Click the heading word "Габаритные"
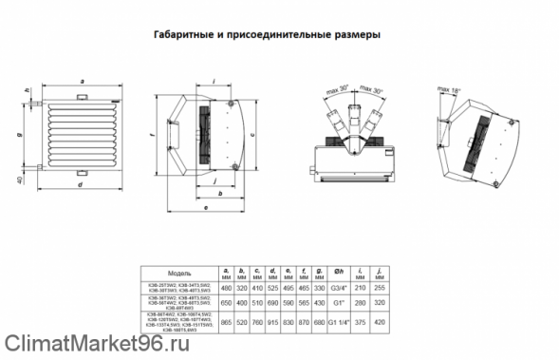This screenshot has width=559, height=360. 184,36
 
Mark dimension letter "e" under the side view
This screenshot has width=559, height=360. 205,203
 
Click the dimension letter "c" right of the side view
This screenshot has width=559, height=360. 265,135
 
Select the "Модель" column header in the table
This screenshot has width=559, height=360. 179,272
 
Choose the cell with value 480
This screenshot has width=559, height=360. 226,286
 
